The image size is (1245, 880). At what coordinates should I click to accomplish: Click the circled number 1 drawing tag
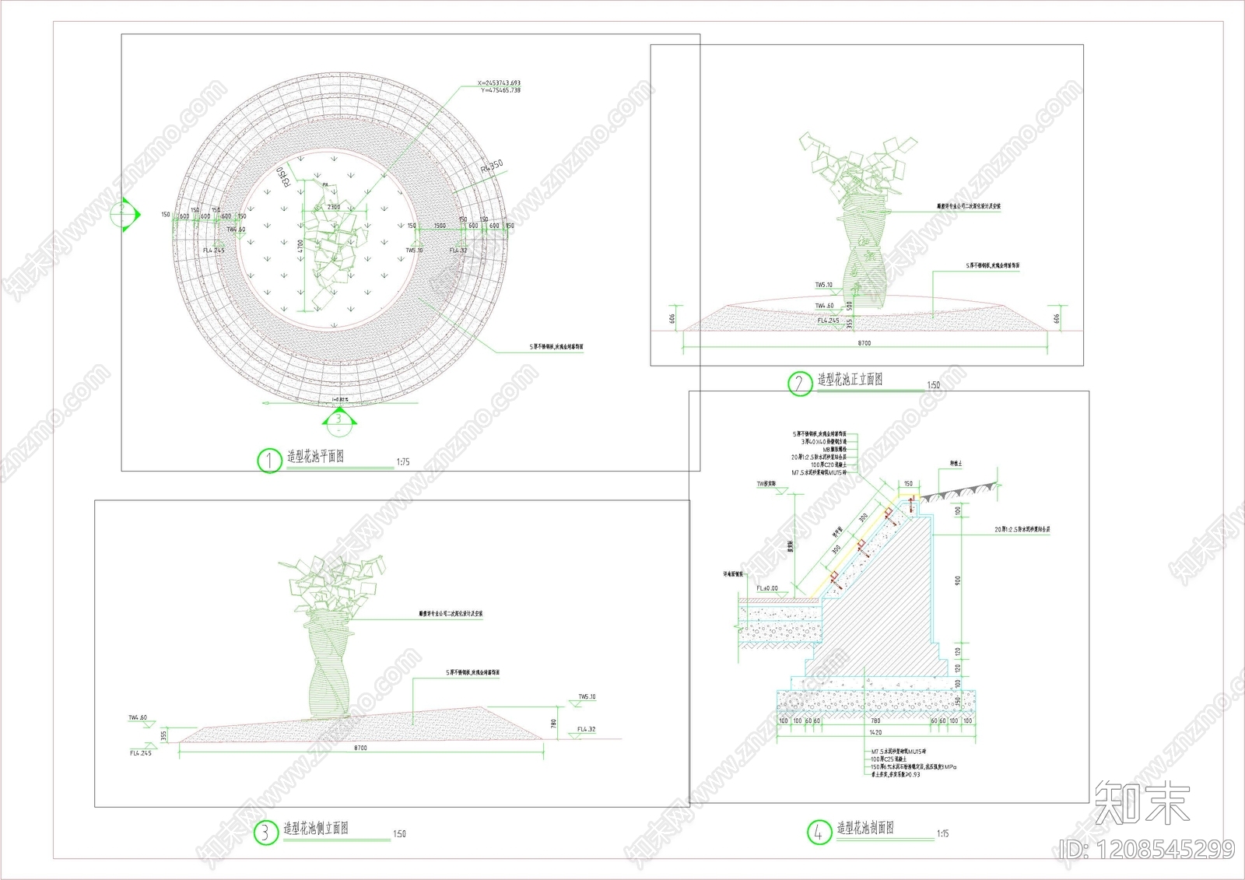(x=268, y=461)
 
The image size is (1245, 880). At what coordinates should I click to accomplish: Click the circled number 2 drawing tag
(x=799, y=384)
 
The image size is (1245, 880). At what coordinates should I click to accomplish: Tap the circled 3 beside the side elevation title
(x=265, y=833)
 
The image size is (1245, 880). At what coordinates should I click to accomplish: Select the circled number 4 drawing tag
(x=819, y=833)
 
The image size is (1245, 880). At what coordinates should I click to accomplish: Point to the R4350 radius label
(x=492, y=168)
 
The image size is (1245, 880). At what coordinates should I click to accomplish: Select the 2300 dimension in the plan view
(x=334, y=207)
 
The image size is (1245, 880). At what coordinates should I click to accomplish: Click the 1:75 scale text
(x=403, y=462)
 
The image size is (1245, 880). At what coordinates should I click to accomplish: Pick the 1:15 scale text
(x=942, y=833)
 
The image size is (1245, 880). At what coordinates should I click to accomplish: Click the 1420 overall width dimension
(x=875, y=732)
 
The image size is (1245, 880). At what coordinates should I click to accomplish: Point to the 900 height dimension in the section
(x=958, y=580)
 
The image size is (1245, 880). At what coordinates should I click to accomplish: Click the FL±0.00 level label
(x=767, y=588)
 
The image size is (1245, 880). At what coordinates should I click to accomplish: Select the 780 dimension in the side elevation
(x=554, y=723)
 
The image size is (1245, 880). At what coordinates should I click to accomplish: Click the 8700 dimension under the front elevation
(x=864, y=343)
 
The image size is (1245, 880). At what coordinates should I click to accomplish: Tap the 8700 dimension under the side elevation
(x=360, y=748)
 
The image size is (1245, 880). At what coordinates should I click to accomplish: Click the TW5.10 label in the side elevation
(x=587, y=697)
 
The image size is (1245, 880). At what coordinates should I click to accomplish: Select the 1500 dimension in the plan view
(x=440, y=226)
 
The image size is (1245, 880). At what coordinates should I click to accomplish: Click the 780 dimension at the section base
(x=875, y=721)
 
